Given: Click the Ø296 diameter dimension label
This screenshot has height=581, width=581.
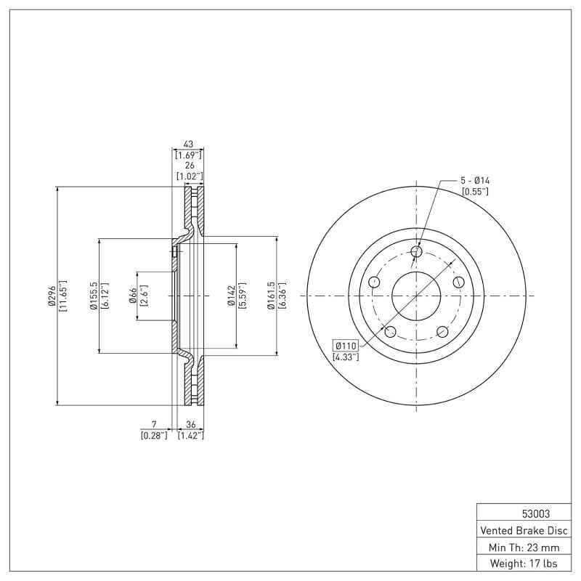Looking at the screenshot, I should [x=52, y=296].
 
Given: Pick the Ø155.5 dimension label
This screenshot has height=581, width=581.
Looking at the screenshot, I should [x=94, y=296].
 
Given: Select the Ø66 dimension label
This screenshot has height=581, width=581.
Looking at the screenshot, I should [x=134, y=296].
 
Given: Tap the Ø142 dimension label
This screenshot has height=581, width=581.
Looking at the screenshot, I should [x=231, y=296].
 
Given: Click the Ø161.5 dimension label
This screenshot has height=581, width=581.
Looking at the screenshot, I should [x=272, y=296].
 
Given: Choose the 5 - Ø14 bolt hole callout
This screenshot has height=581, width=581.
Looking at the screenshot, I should [x=475, y=179].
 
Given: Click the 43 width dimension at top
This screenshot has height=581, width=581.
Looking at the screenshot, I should [x=187, y=144].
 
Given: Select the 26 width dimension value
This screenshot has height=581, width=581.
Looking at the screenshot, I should [x=187, y=165].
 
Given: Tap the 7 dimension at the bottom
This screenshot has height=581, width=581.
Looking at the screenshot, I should [x=153, y=424].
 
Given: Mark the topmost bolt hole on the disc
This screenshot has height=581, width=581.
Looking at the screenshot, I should [x=416, y=252].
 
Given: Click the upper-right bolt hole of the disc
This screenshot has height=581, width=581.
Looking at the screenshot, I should [x=458, y=282].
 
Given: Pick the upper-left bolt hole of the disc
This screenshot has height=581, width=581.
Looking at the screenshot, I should [x=375, y=282].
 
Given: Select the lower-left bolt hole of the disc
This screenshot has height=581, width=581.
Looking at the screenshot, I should [x=391, y=332].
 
